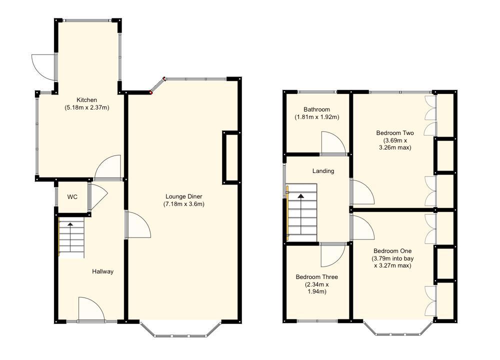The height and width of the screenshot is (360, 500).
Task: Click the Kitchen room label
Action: [86, 100]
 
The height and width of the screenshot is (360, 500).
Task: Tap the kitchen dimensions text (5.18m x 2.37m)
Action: [86, 107]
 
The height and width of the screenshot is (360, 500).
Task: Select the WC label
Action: [72, 197]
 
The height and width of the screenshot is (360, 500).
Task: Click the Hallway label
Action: [102, 271]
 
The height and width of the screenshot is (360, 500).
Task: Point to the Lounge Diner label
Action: [183, 196]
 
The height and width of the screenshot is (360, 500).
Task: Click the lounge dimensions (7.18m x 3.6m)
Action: [183, 204]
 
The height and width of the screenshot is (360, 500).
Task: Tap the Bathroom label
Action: [316, 109]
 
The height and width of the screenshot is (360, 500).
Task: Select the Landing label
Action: [323, 171]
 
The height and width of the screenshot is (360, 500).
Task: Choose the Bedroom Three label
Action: [316, 277]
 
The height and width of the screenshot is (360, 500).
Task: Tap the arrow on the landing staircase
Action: [301, 197]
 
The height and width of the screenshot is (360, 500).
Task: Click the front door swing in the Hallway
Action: [91, 309]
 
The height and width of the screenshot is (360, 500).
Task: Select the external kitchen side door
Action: [44, 66]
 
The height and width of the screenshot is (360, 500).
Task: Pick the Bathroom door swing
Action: [332, 143]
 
